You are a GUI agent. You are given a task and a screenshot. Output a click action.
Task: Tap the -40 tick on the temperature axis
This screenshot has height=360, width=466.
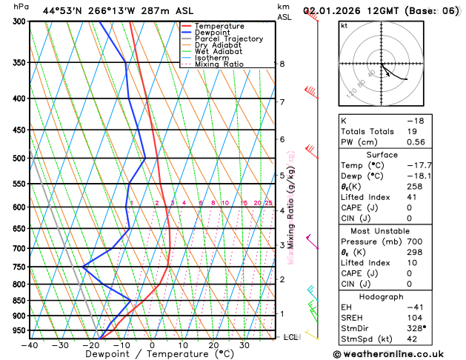[30, 344]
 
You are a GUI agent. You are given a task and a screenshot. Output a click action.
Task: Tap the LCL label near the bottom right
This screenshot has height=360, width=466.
[290, 337]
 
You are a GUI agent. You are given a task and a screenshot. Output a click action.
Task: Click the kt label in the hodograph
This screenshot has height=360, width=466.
[344, 26]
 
